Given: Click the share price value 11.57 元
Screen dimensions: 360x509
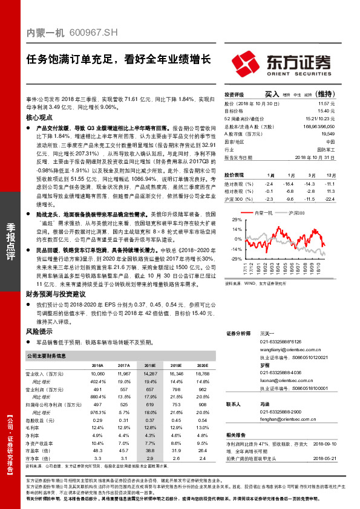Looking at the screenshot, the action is (x=326, y=105).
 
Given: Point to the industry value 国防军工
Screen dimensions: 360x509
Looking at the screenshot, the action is (x=326, y=148).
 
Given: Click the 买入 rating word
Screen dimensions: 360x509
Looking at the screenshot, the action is (x=272, y=95).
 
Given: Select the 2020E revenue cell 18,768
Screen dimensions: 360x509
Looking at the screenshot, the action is (x=202, y=375).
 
